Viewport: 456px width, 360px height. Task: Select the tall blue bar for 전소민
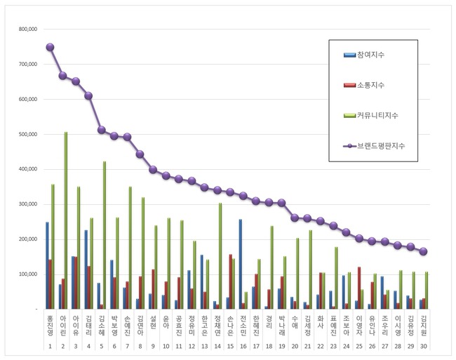click(241, 264)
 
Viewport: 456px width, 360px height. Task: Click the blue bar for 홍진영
click(47, 265)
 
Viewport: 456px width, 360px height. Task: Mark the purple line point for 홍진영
click(50, 47)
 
